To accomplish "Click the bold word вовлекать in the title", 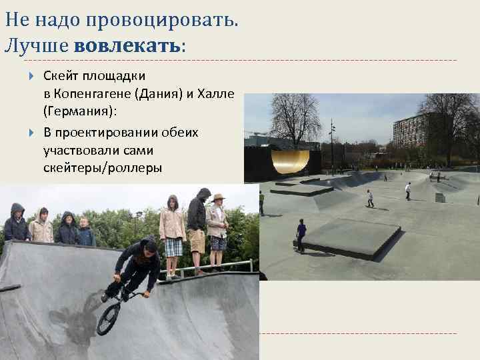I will pyautogui.click(x=127, y=47).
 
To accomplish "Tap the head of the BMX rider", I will pyautogui.click(x=150, y=247).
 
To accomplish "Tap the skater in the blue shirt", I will pyautogui.click(x=301, y=234).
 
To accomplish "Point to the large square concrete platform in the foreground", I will pyautogui.click(x=351, y=236).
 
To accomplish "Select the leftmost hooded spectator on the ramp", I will pyautogui.click(x=16, y=224).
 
